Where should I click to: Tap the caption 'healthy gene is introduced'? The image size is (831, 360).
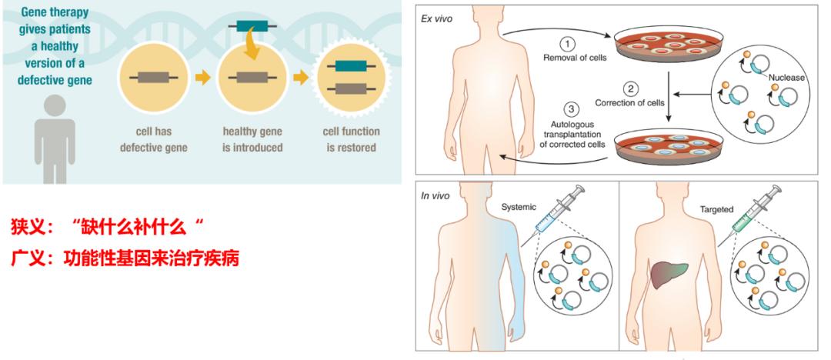click(252, 138)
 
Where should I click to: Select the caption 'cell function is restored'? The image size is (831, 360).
click(350, 138)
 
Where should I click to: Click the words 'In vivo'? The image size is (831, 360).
click(435, 195)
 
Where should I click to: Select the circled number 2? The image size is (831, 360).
click(629, 88)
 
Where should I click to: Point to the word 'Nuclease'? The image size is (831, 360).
click(784, 78)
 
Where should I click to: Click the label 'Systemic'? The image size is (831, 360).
click(519, 208)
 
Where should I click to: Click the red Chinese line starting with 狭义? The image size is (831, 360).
click(109, 227)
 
